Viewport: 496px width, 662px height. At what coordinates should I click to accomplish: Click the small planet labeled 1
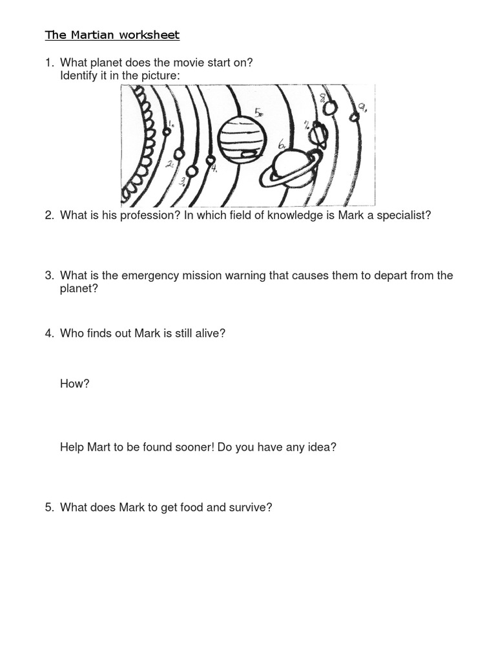tap(167, 131)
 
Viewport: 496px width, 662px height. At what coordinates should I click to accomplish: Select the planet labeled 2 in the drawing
tap(180, 155)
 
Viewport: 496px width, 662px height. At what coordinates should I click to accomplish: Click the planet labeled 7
tap(319, 135)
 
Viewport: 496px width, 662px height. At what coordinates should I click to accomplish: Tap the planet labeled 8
tap(330, 108)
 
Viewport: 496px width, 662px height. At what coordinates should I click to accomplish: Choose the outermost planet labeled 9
tap(354, 117)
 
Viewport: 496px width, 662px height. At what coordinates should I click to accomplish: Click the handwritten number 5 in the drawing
tap(258, 113)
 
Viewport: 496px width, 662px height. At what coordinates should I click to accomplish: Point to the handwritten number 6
tap(282, 146)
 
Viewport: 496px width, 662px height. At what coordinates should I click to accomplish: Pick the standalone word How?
tap(74, 384)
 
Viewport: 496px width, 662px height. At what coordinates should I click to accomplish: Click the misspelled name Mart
tap(99, 447)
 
